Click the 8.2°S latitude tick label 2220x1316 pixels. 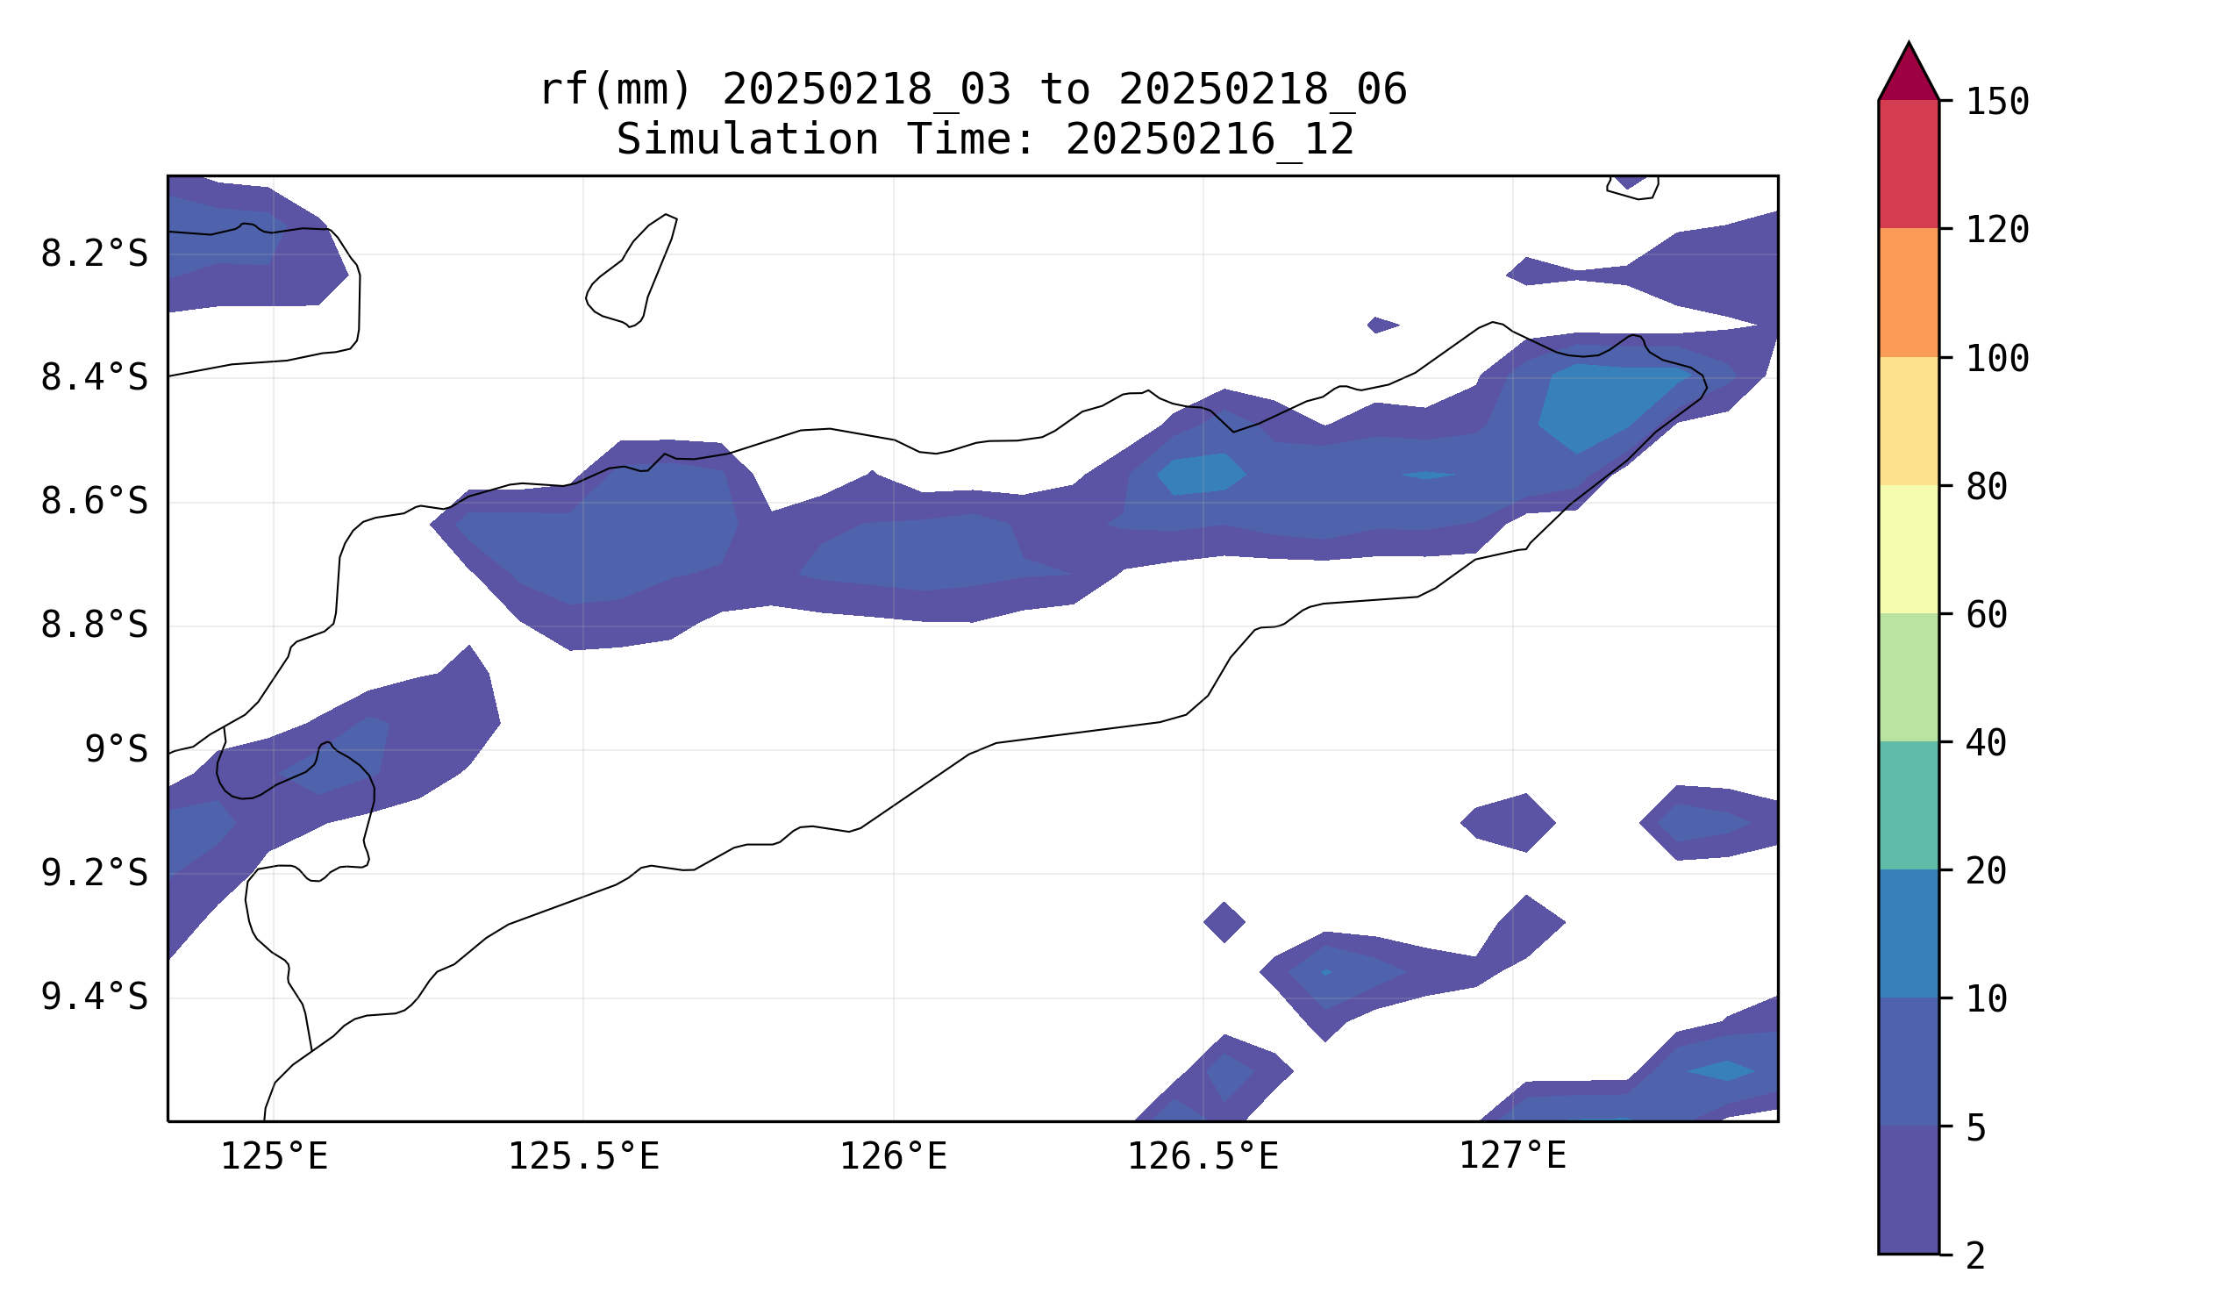click(x=94, y=254)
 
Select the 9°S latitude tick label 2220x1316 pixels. click(x=116, y=750)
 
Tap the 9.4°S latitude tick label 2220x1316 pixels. click(x=94, y=998)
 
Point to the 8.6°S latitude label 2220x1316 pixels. click(x=94, y=503)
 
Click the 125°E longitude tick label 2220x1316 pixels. click(x=274, y=1157)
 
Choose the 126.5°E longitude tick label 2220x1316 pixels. click(x=1203, y=1157)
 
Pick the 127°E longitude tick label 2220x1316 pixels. click(x=1512, y=1157)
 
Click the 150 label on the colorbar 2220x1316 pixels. click(x=1997, y=102)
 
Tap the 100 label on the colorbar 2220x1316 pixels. click(x=1997, y=359)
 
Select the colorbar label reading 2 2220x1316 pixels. click(x=1976, y=1256)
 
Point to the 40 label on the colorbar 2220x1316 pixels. click(x=1987, y=744)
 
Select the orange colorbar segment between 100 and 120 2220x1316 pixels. click(x=1909, y=293)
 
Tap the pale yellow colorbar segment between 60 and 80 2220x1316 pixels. click(x=1909, y=550)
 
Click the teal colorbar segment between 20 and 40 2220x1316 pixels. click(x=1909, y=805)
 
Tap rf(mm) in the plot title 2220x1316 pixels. click(x=615, y=89)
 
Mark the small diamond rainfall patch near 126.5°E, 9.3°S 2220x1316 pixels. click(x=1224, y=922)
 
